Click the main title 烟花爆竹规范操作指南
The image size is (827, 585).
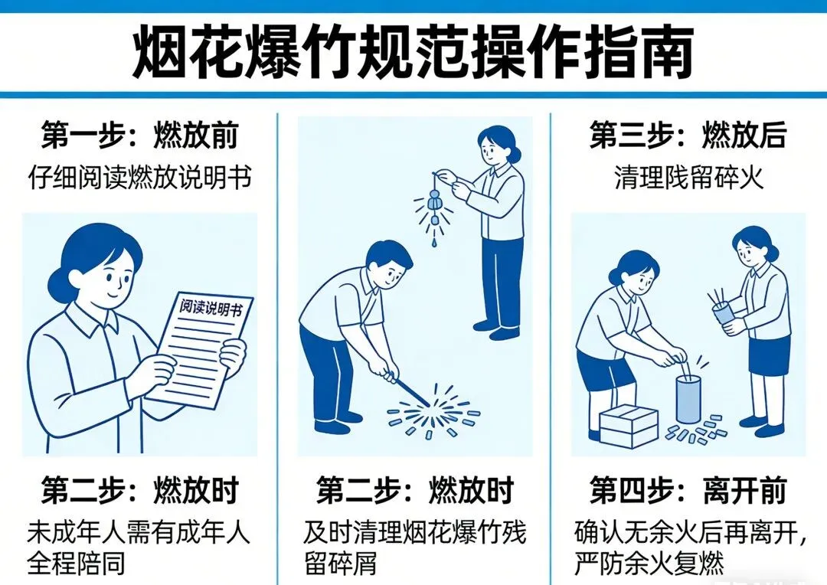[x=412, y=53]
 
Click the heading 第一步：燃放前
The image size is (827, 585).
[x=140, y=136]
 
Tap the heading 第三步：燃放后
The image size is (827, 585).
[x=688, y=136]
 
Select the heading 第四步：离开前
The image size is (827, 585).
[x=688, y=491]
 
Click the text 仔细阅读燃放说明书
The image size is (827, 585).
[x=140, y=178]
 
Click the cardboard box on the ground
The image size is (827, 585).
[x=629, y=426]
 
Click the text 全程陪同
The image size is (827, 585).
[x=77, y=564]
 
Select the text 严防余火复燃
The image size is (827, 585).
[x=649, y=564]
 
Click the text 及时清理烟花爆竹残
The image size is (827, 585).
[x=415, y=533]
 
